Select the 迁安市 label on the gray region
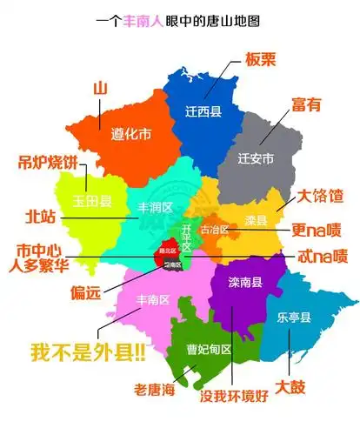tap(257, 158)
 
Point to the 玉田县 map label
tap(93, 201)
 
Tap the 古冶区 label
tap(214, 231)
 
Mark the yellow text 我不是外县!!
tap(88, 353)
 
